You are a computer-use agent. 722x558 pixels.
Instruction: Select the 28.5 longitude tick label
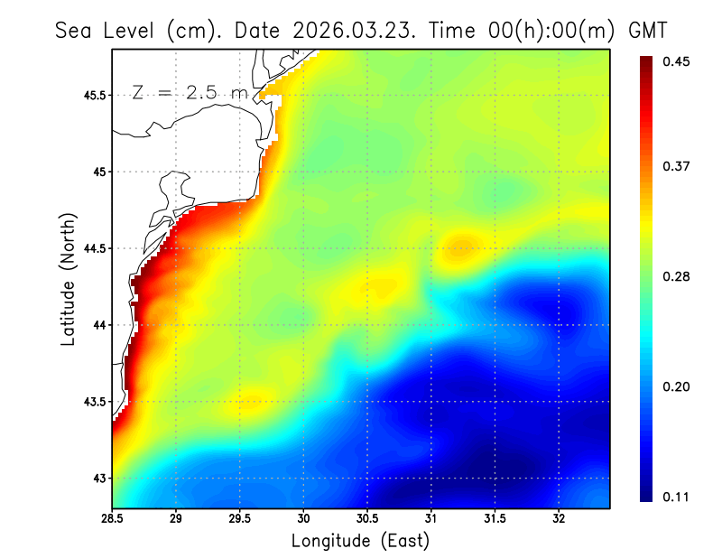[x=113, y=519]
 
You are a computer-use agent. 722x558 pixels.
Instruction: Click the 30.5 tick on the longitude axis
[x=367, y=519]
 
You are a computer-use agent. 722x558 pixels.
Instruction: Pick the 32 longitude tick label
[x=559, y=519]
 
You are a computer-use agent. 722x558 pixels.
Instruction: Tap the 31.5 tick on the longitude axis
[x=495, y=519]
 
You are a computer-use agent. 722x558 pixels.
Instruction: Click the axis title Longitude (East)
[x=360, y=541]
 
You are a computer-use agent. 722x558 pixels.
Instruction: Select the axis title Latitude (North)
[x=68, y=280]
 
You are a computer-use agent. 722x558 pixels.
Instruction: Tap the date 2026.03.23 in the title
[x=350, y=30]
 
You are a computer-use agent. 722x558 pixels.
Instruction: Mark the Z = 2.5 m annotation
[x=190, y=92]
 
